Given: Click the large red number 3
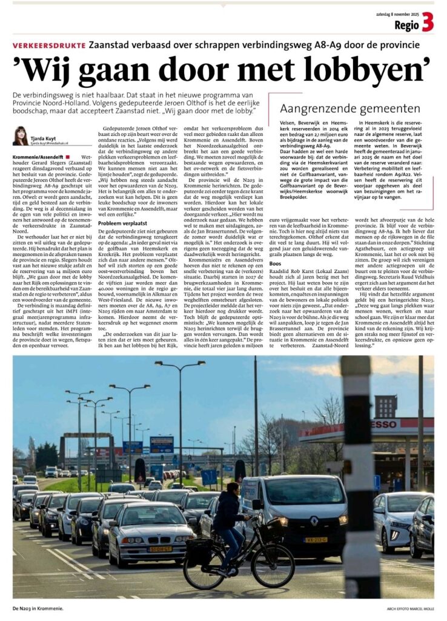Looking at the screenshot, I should point(428,22).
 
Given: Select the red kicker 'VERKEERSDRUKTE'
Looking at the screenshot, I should point(49,45).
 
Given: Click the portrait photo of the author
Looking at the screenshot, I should point(20,135).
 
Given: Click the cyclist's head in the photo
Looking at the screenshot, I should point(232,489).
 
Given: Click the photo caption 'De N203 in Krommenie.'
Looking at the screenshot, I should point(38,608).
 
